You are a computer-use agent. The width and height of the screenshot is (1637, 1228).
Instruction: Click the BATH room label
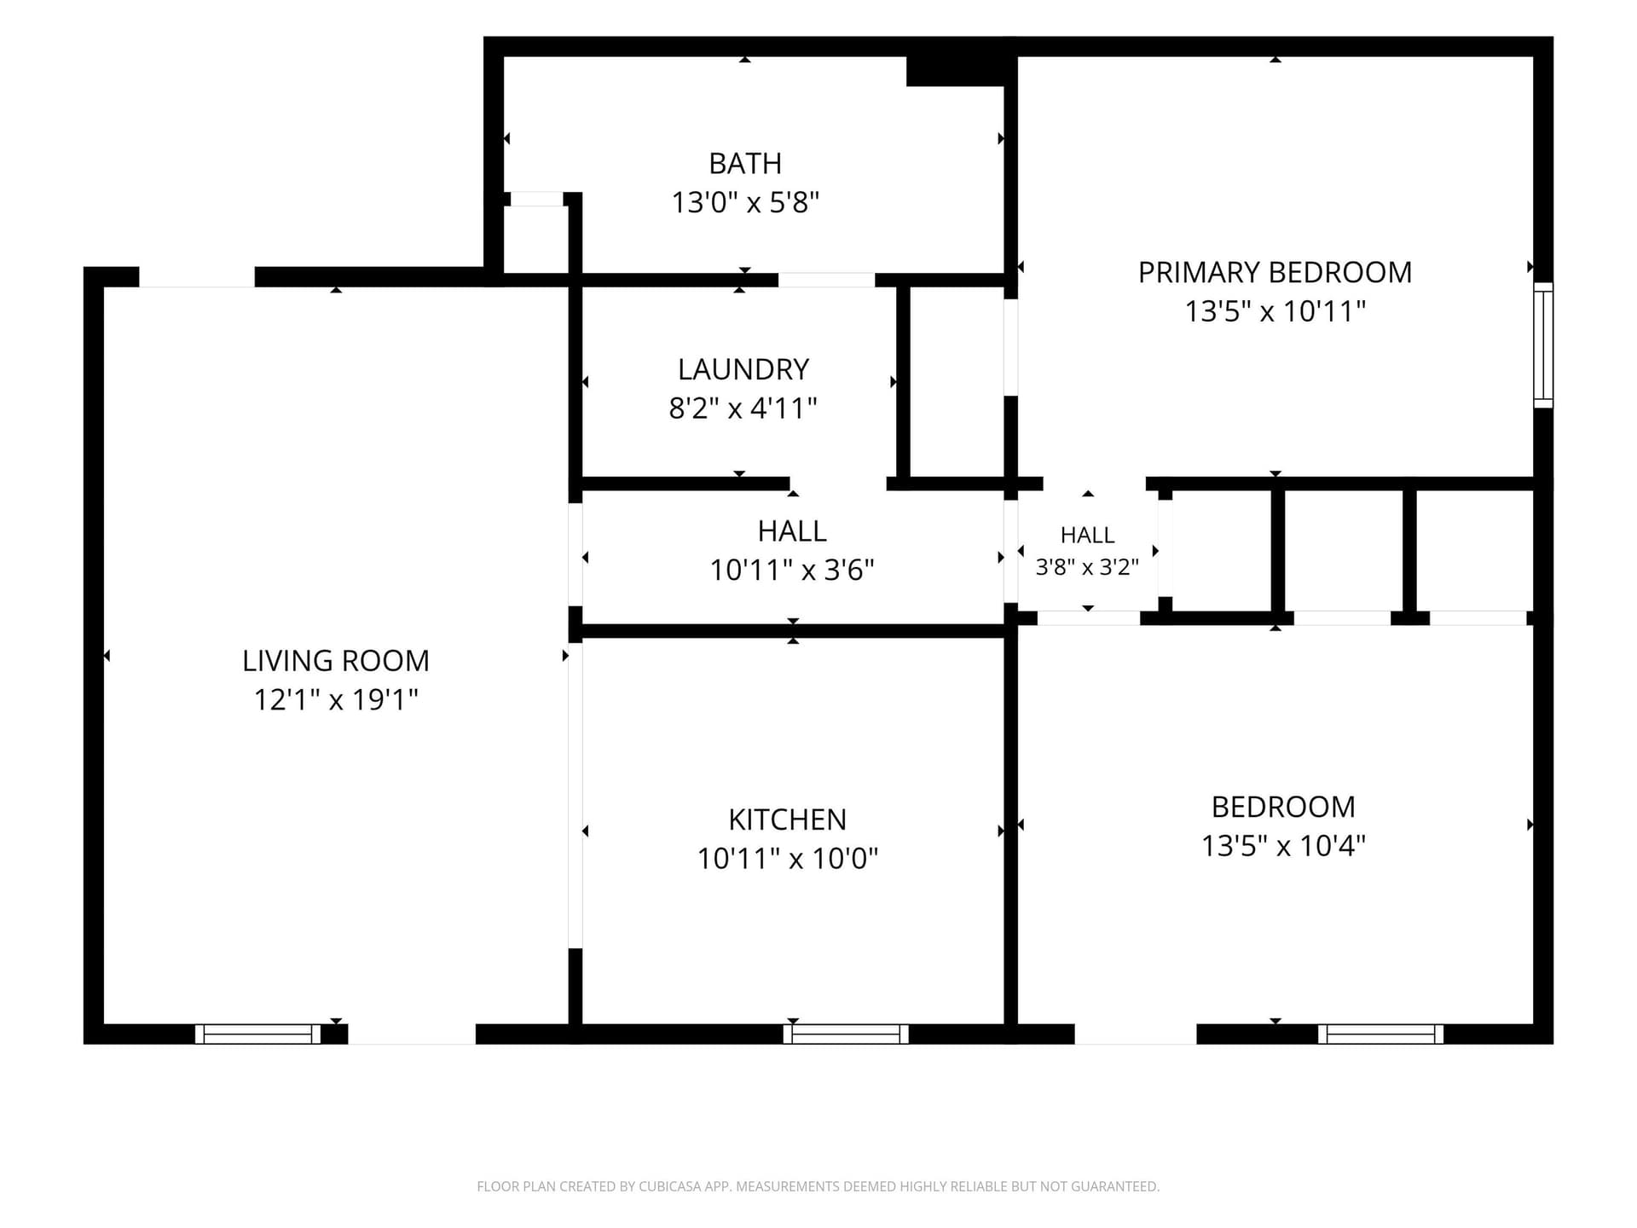coord(745,163)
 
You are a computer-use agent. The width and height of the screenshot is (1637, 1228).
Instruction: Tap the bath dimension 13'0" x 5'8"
coord(745,202)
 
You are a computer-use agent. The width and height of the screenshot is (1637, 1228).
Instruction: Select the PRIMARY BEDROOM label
coord(1275,272)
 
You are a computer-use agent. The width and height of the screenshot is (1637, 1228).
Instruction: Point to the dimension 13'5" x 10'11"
coord(1275,311)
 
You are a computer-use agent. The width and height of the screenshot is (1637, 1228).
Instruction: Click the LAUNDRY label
coord(743,369)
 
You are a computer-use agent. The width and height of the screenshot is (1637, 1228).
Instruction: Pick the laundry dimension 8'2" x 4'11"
coord(743,408)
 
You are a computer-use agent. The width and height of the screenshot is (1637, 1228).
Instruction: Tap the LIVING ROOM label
coord(336,661)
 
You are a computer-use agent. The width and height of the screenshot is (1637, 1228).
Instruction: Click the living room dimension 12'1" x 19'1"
coord(336,700)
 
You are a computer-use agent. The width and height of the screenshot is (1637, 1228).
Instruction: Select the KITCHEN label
coord(787,820)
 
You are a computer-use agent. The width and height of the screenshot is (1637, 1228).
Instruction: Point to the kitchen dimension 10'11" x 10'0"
coord(787,858)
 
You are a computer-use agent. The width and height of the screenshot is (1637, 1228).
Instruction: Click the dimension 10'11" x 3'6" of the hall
coord(792,570)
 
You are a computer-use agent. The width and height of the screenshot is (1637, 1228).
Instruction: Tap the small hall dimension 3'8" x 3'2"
coord(1087,567)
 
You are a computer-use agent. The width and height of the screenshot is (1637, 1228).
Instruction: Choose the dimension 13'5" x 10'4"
coord(1283,846)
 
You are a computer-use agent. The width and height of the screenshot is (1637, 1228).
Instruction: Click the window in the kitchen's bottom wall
coord(846,1034)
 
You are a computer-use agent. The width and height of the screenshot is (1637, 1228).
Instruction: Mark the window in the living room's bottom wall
coord(257,1034)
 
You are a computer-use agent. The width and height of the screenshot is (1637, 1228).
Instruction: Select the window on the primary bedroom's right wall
coord(1543,345)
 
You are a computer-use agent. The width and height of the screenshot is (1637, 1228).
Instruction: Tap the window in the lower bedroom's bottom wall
coord(1380,1034)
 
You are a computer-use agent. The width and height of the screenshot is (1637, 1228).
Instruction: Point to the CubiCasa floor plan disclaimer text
coord(818,1186)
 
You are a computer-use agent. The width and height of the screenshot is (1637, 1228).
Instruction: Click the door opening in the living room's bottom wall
coord(412,1034)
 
